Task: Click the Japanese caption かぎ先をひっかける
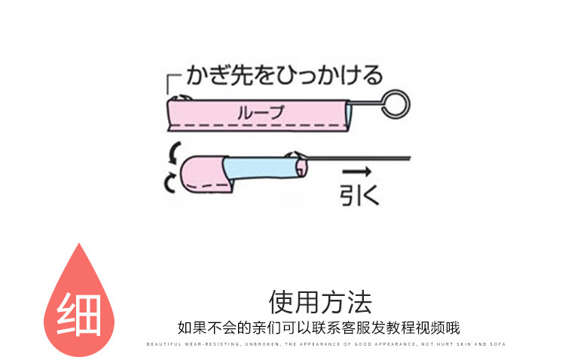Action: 282,76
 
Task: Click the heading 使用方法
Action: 320,302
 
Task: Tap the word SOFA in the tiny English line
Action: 499,344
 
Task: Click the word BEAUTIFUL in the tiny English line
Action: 161,344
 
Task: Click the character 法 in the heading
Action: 360,302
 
